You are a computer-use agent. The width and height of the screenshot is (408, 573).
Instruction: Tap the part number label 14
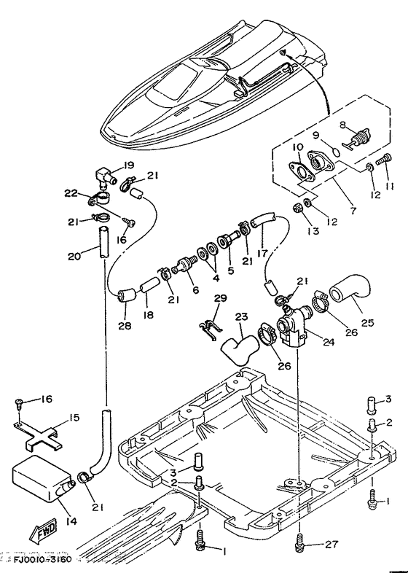click(x=71, y=521)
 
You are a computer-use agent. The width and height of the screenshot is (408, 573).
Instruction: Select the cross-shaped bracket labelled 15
click(x=38, y=437)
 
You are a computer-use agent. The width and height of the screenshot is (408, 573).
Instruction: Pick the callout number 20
click(x=74, y=256)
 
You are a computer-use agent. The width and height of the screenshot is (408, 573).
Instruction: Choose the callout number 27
click(x=332, y=545)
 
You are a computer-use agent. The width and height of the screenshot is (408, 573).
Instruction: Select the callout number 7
click(x=353, y=211)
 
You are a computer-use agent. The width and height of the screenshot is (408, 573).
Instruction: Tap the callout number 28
click(x=124, y=325)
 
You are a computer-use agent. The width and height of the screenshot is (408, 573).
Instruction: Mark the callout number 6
click(x=196, y=290)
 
